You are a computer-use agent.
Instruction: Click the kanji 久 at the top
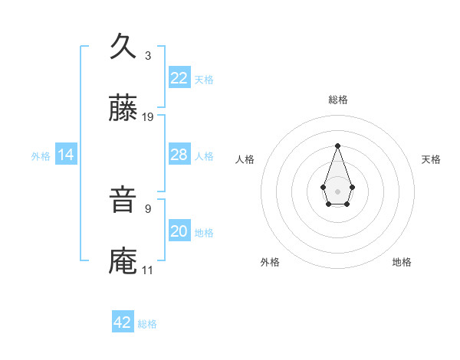point(123,47)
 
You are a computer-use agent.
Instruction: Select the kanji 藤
point(123,110)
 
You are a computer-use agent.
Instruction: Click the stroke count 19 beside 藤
point(148,117)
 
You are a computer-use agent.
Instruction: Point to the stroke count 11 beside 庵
point(148,270)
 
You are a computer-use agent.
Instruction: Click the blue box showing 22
point(179,78)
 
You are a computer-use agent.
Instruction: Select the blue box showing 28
point(179,155)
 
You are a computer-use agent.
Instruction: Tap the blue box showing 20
point(179,231)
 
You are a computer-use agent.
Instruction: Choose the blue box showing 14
point(66,155)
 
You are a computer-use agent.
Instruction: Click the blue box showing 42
point(123,322)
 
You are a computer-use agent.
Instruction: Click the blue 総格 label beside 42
point(147,324)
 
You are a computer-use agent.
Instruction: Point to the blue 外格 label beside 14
point(41,156)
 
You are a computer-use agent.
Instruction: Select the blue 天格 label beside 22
point(204,80)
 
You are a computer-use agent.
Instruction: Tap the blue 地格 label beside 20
point(204,233)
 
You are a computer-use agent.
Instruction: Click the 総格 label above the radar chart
point(337,100)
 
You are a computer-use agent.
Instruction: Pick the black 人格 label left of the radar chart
point(245,159)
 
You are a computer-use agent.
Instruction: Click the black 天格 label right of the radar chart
point(431,159)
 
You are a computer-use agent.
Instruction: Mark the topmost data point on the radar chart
point(337,146)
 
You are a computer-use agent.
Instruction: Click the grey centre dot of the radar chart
point(337,190)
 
